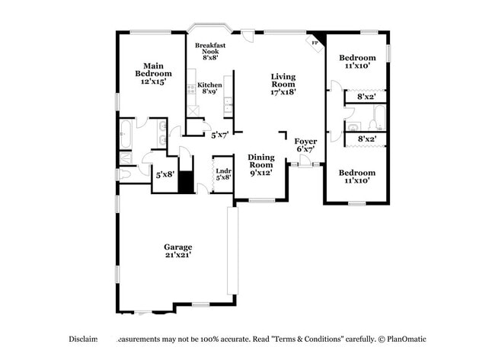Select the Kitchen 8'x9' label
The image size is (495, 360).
[x=209, y=88]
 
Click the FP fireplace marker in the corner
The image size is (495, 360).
[x=315, y=43]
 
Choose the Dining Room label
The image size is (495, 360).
[x=260, y=164]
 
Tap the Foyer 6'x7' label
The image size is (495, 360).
[x=305, y=145]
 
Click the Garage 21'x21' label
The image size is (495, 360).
[x=177, y=250]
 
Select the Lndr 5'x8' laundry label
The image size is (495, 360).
[x=223, y=174]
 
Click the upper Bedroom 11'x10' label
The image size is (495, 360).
[x=356, y=62]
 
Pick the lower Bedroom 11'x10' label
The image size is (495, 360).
[x=356, y=177]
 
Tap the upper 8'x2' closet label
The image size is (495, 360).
[x=366, y=97]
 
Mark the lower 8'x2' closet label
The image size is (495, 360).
[x=366, y=139]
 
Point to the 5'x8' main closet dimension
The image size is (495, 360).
[x=165, y=174]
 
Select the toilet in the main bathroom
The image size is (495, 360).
[x=126, y=174]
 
